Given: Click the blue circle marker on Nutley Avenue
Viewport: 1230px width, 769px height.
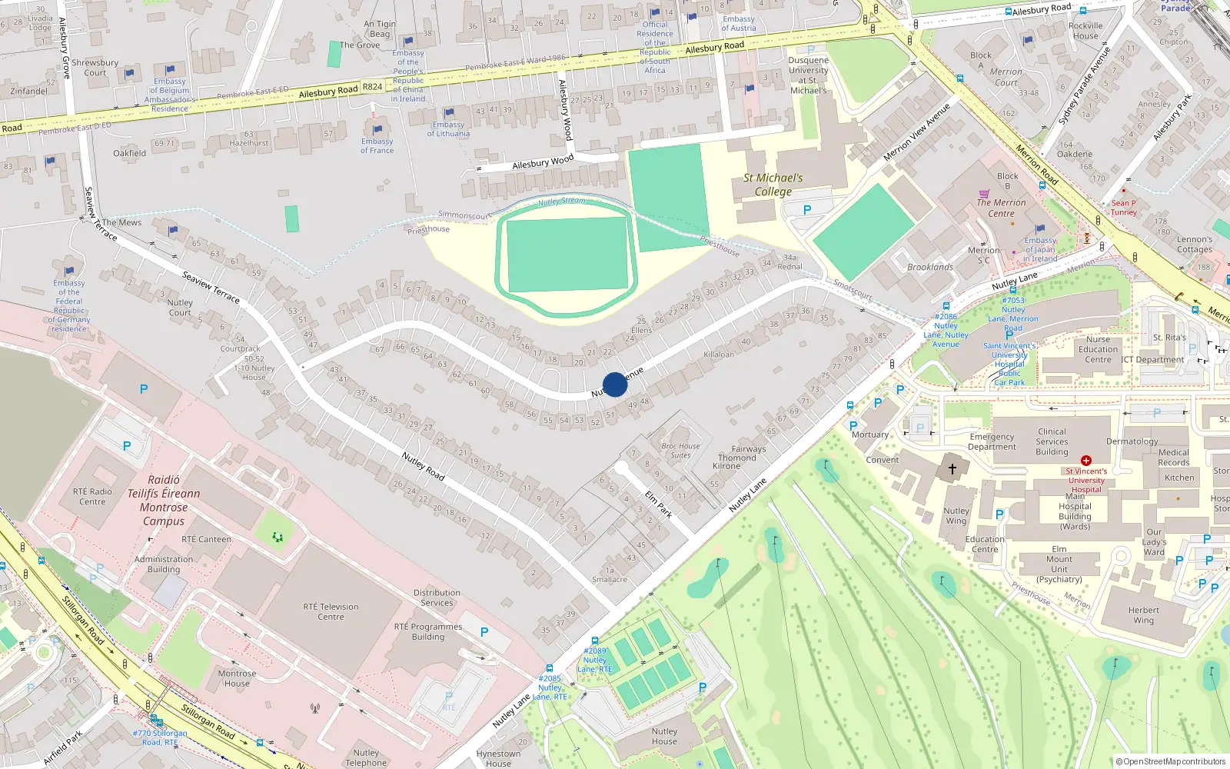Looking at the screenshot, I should coord(615,384).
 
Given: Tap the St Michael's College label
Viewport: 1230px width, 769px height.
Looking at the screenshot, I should coord(773,185).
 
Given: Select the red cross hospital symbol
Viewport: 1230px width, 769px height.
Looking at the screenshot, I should coord(1086,461).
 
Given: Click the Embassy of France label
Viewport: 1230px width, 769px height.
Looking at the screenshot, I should coord(377,145).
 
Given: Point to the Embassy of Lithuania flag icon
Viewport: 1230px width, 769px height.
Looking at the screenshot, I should coord(449,113).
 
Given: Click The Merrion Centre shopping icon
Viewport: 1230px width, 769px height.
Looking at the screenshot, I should coord(984,194).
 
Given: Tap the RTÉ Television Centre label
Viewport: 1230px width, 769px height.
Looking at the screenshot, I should coord(331,611).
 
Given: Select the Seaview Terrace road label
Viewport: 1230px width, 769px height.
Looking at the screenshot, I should coord(211,287).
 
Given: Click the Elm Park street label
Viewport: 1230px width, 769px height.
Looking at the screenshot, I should coord(658,504).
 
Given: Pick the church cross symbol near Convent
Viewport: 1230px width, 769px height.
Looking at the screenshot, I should coord(952,468).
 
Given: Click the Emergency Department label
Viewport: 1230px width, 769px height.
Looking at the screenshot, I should coord(992,441).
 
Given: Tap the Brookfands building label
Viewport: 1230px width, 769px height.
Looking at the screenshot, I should coord(930,267).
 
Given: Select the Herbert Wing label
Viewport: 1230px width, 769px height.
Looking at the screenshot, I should coord(1143,615).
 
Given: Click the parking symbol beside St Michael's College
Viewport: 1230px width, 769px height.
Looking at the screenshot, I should coord(807,210).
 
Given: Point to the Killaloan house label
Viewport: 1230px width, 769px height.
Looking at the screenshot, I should coord(719,355).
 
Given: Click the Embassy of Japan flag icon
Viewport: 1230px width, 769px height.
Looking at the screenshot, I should coord(1040,228).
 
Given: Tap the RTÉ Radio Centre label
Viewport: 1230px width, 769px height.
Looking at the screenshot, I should coord(92,497).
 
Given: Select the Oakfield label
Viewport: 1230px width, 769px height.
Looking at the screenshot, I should coord(129,153).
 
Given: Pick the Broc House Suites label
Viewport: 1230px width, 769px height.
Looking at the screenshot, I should coord(680,451).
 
